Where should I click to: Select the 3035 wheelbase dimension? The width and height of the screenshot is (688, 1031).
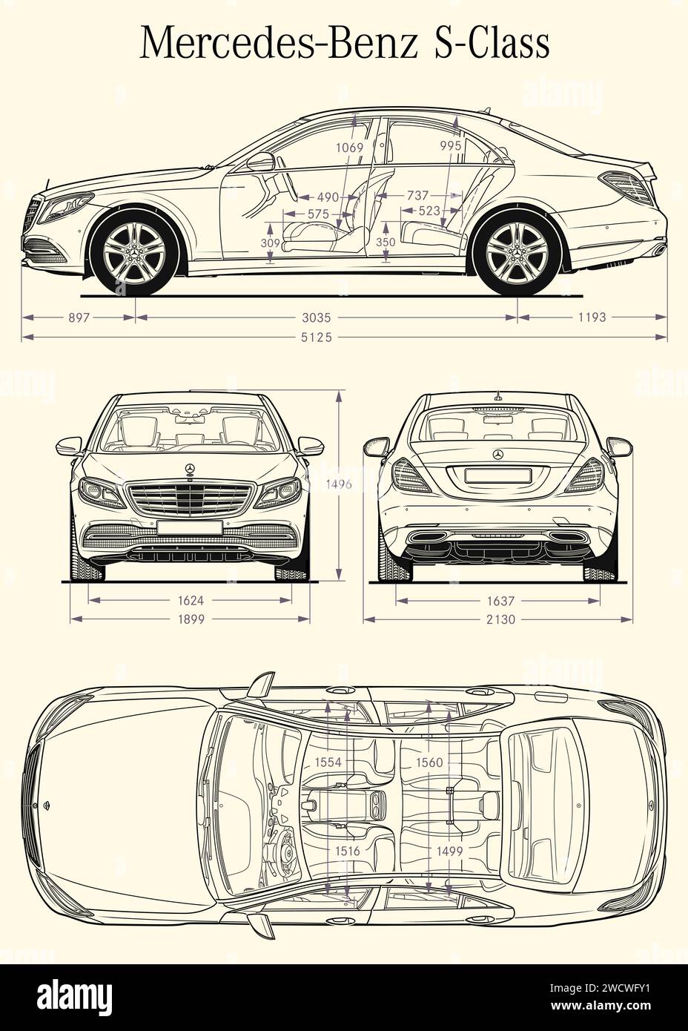(326, 317)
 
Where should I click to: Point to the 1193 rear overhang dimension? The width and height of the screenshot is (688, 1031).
(592, 317)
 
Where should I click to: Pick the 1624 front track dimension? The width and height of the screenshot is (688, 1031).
(190, 600)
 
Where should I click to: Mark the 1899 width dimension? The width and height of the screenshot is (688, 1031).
(190, 619)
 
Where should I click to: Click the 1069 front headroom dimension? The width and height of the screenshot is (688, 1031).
(349, 147)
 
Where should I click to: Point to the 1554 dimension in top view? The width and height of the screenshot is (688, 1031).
(327, 762)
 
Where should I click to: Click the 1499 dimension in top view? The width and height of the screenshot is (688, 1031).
(449, 852)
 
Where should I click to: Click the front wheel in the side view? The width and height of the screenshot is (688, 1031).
(134, 251)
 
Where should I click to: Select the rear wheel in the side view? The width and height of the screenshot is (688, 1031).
(516, 251)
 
